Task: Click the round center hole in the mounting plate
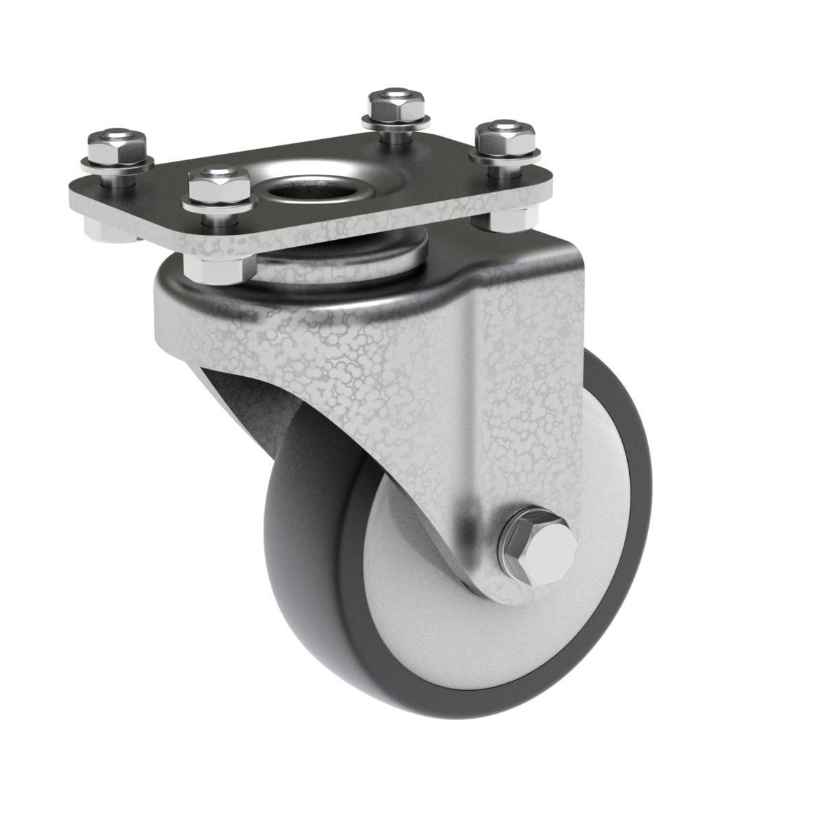302,189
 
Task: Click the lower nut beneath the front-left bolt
219,268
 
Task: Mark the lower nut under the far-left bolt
105,229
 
